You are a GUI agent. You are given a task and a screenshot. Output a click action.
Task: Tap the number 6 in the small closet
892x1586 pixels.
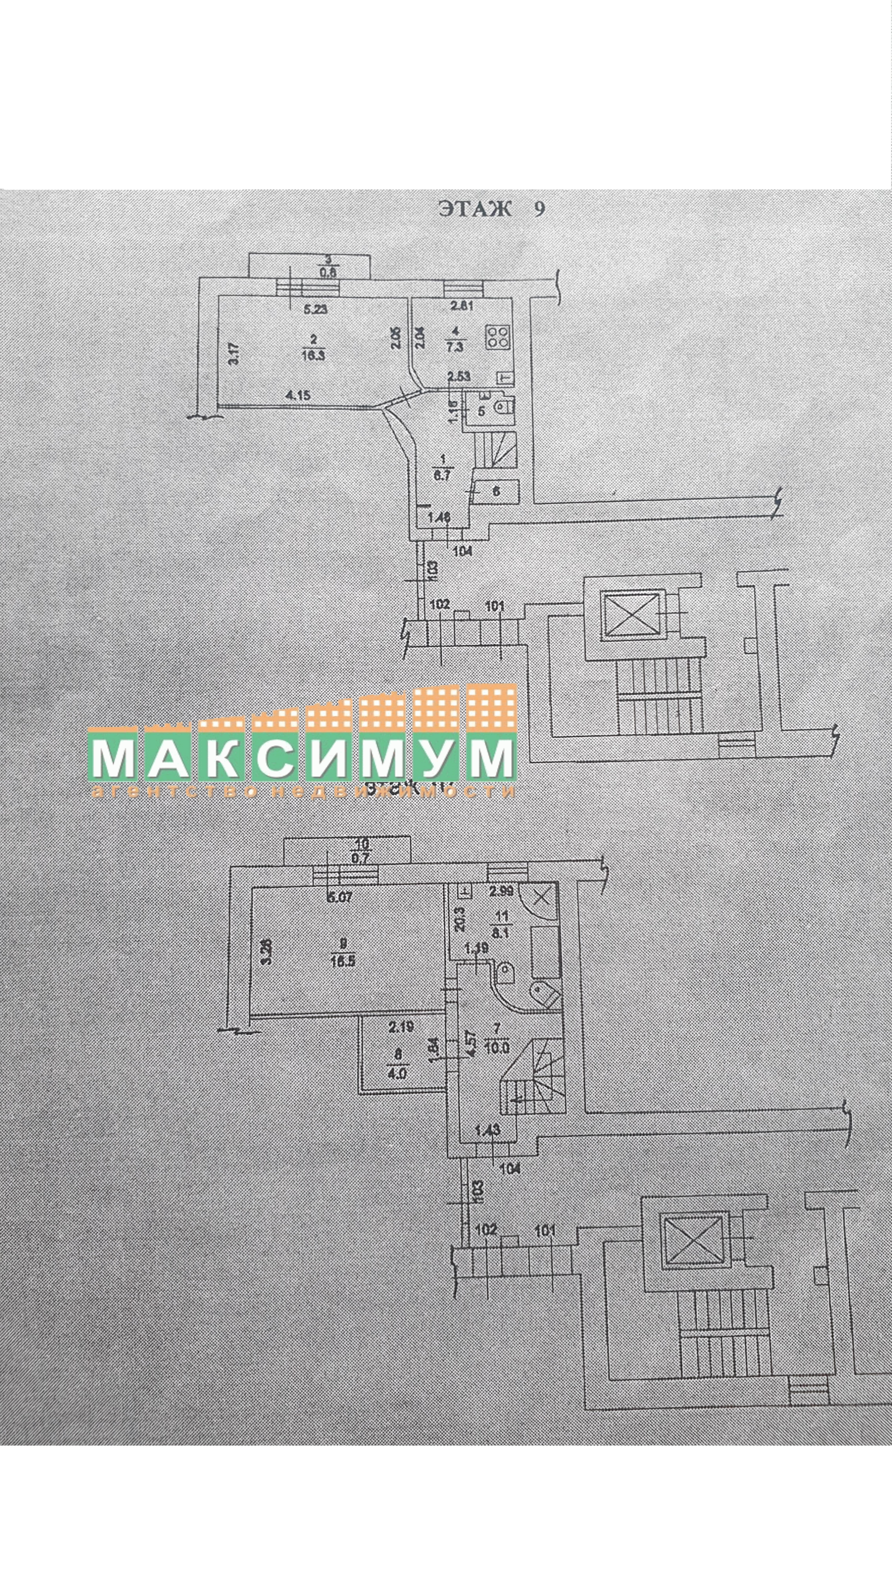pos(496,491)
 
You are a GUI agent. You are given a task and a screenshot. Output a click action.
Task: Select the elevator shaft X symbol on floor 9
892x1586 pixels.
pos(632,614)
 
